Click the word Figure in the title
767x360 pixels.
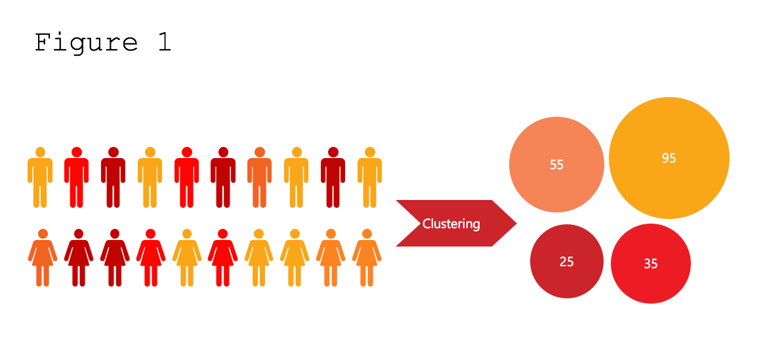click(86, 43)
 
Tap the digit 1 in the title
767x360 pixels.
click(163, 43)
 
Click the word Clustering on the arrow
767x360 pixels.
click(451, 224)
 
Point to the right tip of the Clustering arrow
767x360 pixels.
click(515, 224)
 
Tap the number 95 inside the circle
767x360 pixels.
click(669, 158)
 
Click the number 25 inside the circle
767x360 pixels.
click(566, 262)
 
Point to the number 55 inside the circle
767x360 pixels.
click(556, 165)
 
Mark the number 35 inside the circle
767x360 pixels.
click(650, 264)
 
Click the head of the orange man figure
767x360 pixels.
click(259, 152)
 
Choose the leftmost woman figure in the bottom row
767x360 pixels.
click(43, 258)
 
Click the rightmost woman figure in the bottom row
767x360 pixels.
click(367, 258)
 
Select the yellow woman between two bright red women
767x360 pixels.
click(187, 258)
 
